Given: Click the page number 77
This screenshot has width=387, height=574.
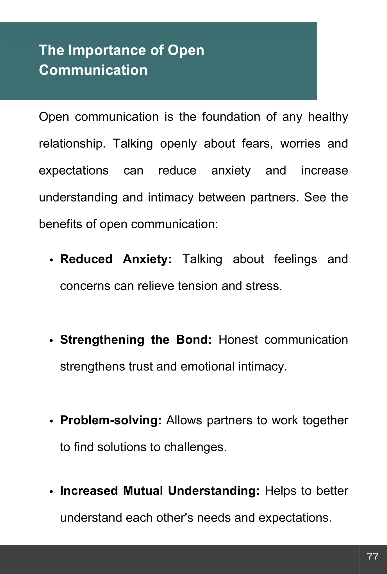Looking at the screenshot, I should coord(372,556).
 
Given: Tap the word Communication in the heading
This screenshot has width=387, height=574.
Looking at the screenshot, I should coord(93,70).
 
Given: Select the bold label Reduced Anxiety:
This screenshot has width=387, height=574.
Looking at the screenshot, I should coord(116,259).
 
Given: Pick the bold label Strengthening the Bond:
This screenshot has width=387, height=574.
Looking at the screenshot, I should coord(136,340).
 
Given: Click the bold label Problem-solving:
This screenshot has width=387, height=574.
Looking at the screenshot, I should coord(111,420).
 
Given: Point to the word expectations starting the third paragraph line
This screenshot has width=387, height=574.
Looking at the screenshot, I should coord(74,171).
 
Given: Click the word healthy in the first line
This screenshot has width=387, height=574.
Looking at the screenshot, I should coord(328,117).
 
